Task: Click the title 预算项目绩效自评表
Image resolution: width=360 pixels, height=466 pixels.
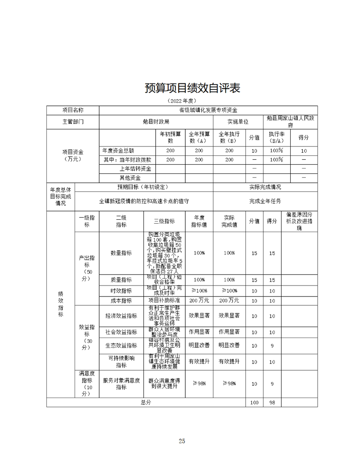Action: click(192, 88)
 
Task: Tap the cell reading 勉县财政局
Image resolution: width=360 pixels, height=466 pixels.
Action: click(156, 122)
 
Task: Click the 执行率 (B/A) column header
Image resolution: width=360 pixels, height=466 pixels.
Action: click(276, 137)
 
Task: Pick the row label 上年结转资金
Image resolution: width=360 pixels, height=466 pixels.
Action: click(135, 169)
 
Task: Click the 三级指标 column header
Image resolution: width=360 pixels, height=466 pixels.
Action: click(164, 221)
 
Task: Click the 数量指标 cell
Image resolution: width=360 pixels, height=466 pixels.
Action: click(121, 253)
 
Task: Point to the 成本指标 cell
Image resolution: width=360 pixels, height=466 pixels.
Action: click(121, 301)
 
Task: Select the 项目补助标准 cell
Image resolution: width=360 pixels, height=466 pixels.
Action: click(164, 301)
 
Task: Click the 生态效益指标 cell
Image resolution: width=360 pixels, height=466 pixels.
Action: click(121, 346)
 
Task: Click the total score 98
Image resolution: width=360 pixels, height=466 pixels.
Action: click(272, 402)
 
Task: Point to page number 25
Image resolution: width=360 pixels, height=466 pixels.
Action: click(181, 441)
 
